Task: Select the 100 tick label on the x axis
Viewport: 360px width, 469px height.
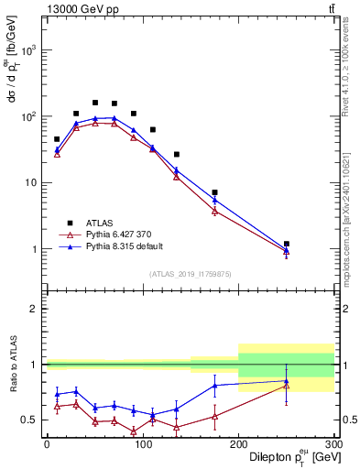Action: [142, 443]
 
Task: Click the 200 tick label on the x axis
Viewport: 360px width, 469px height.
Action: [238, 443]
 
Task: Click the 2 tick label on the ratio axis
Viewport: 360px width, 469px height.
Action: [36, 309]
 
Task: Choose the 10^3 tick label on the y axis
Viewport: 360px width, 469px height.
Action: [27, 51]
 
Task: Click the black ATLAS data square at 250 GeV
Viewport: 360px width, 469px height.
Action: [286, 244]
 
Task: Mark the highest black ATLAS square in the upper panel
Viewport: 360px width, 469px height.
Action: [95, 103]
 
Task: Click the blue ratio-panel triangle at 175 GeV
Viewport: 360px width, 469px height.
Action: [214, 385]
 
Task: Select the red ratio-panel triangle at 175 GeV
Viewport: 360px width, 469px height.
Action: [214, 416]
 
